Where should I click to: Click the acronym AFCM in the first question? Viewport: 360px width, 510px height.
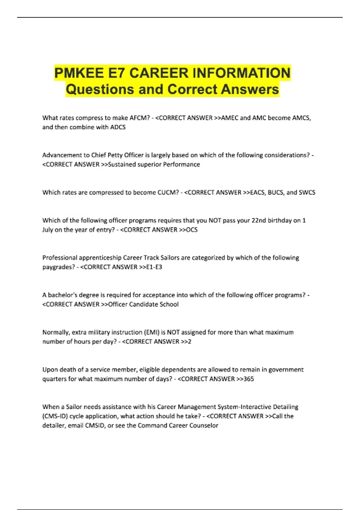coord(139,118)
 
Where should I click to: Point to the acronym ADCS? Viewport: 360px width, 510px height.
coord(118,127)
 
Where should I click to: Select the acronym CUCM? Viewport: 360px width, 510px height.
coord(168,192)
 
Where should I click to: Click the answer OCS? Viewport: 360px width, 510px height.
coord(192,230)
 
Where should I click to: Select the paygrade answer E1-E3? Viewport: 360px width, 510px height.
coord(154,267)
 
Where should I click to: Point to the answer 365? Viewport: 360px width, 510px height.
coord(249,379)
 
